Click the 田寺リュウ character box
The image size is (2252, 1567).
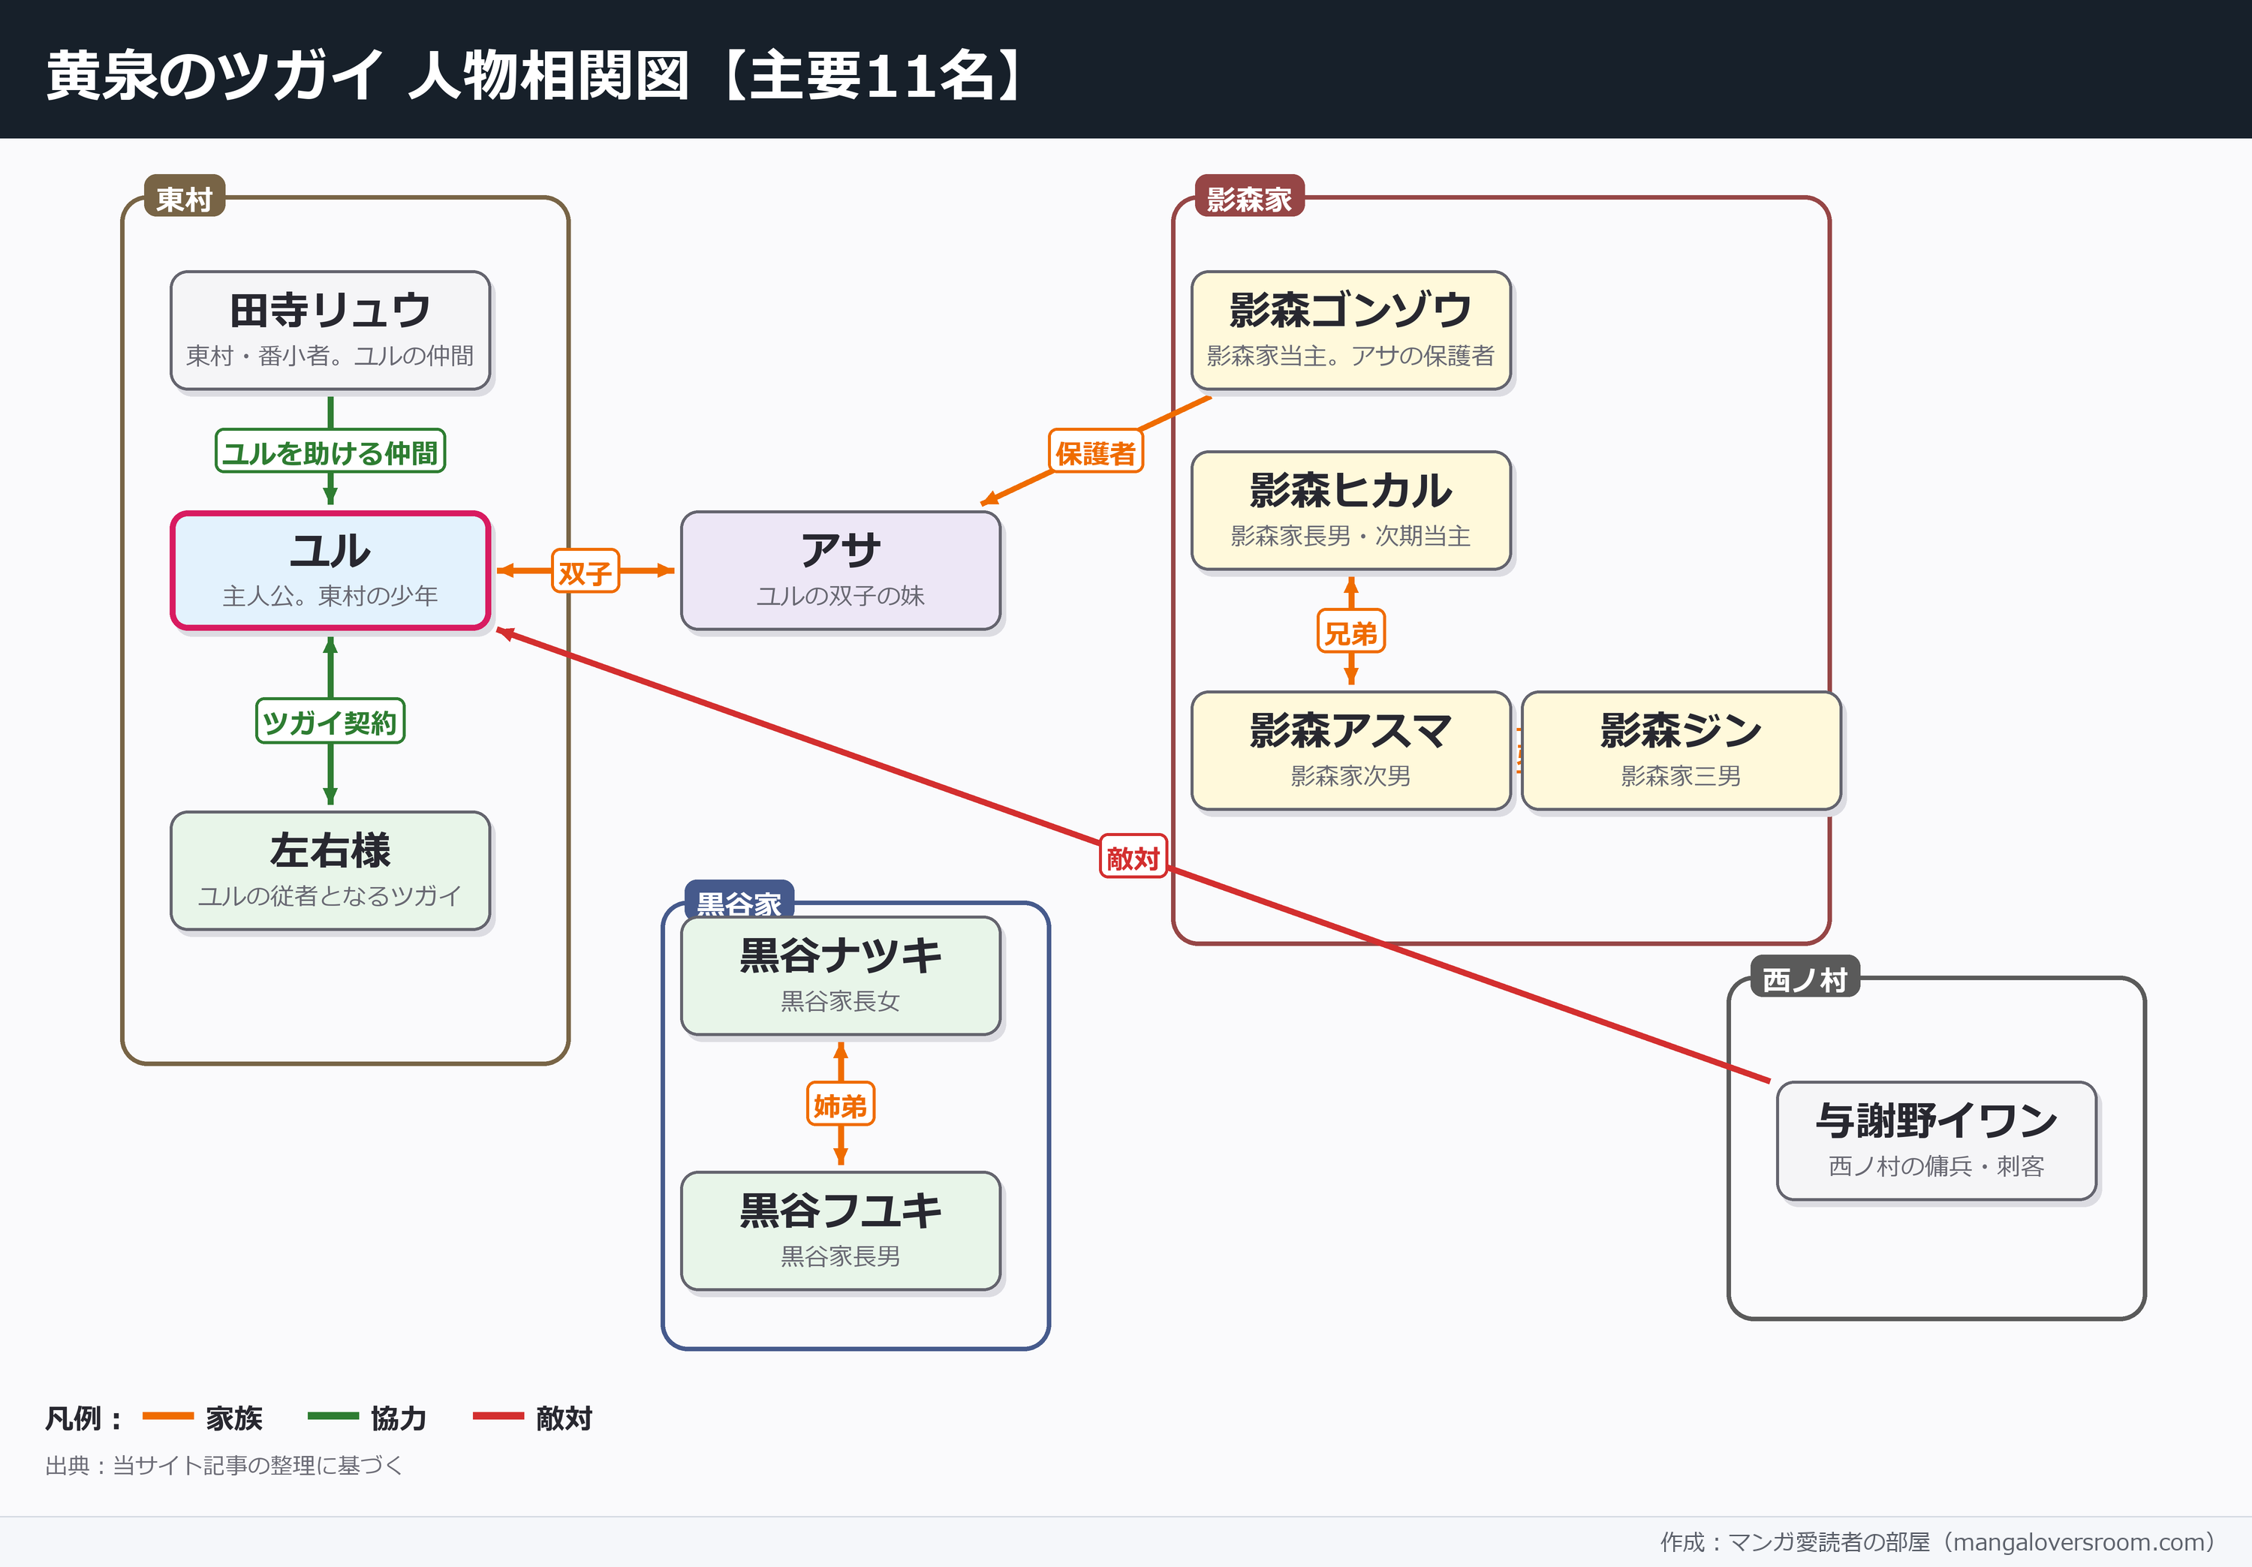coord(330,330)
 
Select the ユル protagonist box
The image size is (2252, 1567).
coord(330,570)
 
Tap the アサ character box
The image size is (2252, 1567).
coord(841,570)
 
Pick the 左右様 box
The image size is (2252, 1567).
coord(330,871)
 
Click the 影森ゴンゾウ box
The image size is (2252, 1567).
coord(1350,330)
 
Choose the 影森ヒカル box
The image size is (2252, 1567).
coord(1350,511)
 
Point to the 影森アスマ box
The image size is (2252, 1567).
coord(1350,751)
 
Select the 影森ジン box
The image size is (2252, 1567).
coord(1681,751)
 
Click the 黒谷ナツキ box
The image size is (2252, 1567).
coord(841,976)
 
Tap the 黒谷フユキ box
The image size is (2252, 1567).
coord(841,1231)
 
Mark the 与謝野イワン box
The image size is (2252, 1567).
coord(1936,1141)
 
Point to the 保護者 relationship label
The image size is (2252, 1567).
coord(1095,451)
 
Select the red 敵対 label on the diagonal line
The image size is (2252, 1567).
coord(1133,856)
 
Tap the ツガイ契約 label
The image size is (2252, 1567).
coord(330,722)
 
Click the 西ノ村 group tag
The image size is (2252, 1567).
coord(1805,978)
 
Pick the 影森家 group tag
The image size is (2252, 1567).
coord(1248,197)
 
